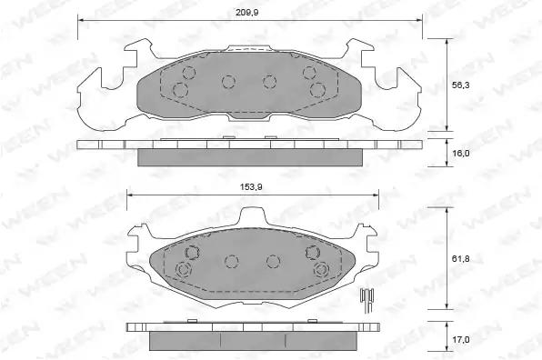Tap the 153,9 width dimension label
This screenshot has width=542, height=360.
click(x=251, y=187)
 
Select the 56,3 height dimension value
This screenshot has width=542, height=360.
click(x=461, y=85)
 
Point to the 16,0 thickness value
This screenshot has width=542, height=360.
click(x=461, y=153)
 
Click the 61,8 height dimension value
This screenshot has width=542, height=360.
click(x=461, y=259)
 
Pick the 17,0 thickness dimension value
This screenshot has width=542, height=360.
click(x=461, y=340)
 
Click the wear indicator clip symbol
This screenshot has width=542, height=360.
click(x=367, y=300)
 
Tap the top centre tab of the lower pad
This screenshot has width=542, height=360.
click(x=253, y=217)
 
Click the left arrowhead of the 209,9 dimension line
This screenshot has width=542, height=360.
click(x=82, y=20)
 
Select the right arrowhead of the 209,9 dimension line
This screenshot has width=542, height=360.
click(x=418, y=20)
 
